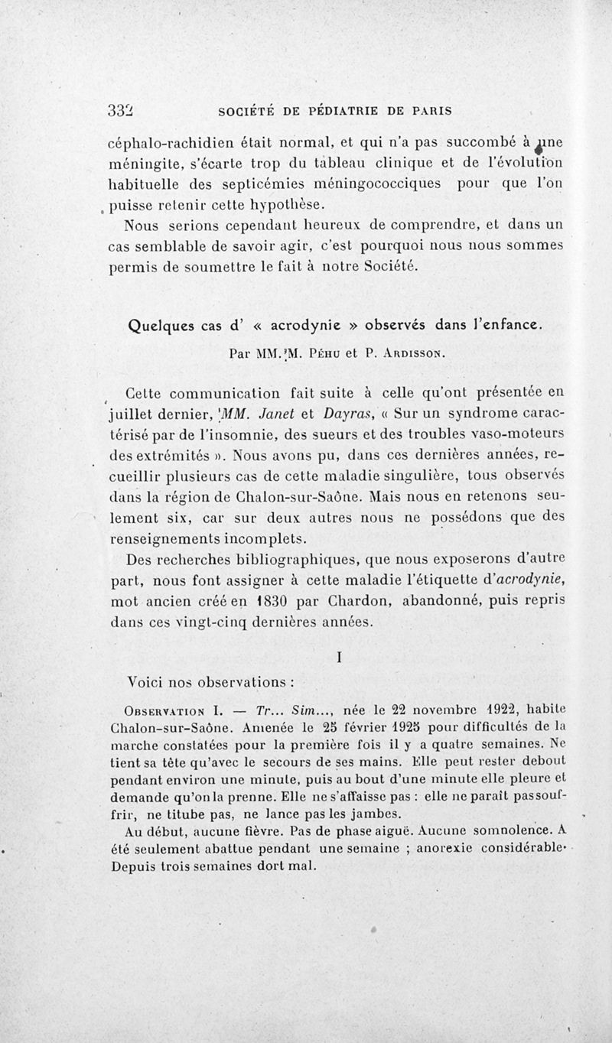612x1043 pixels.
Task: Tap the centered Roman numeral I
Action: [x=337, y=656]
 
